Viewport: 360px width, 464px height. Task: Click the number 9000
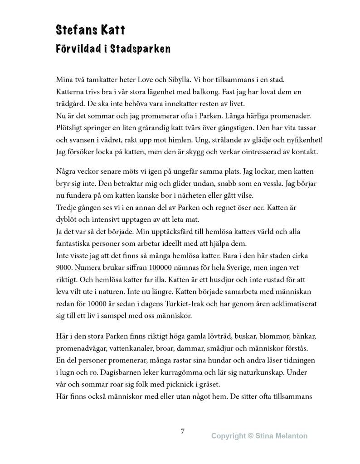[x=64, y=268]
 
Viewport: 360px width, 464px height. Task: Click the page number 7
[x=182, y=431]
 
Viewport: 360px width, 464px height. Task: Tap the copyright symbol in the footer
[x=251, y=436]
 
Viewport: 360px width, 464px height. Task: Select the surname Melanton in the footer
[x=290, y=436]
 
